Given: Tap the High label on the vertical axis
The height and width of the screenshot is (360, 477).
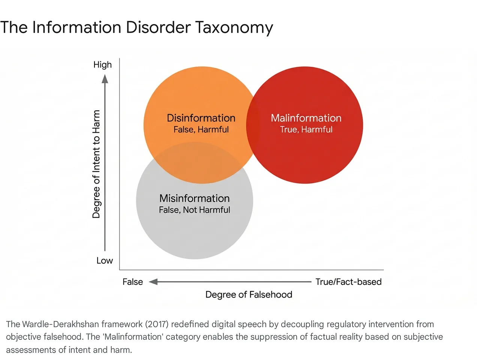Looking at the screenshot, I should (x=102, y=65).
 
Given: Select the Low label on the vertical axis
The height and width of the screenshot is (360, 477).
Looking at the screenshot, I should (x=104, y=261).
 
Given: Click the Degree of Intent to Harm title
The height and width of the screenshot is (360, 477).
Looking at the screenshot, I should (x=96, y=164).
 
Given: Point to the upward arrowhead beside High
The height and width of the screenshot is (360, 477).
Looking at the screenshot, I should (x=105, y=79).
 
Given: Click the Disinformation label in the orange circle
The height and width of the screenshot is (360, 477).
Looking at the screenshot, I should (x=201, y=118).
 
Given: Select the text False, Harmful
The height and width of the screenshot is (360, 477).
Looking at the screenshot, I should (x=201, y=130).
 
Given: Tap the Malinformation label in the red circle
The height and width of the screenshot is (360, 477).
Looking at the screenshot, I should (x=306, y=118).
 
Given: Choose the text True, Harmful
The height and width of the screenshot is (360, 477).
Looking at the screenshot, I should (x=306, y=130).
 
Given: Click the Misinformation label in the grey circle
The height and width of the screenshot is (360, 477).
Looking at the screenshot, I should (x=194, y=198).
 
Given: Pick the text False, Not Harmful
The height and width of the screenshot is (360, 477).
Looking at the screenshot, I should (x=194, y=210).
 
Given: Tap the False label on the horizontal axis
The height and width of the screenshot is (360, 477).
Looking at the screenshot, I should (x=132, y=282).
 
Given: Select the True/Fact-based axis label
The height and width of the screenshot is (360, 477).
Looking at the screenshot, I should (x=348, y=282).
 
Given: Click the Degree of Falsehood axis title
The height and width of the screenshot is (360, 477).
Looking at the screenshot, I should (x=249, y=295).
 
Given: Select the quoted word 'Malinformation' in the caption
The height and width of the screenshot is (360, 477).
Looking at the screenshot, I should (x=133, y=337).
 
